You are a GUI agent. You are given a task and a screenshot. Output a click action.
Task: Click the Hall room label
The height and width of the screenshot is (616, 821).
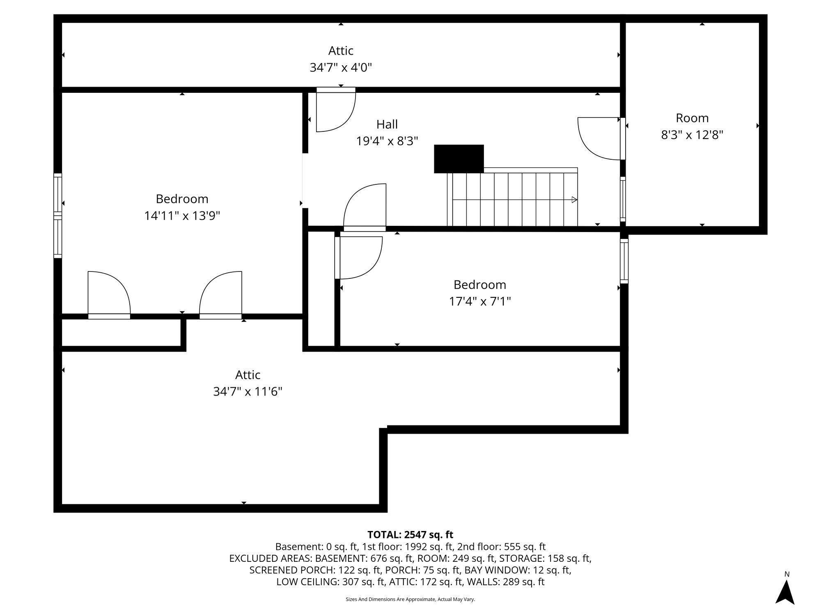click(387, 124)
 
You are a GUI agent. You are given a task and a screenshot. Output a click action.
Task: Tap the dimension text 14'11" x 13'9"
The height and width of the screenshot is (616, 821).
click(182, 216)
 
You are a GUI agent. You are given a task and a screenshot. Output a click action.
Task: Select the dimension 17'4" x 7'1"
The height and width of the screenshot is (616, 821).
click(479, 302)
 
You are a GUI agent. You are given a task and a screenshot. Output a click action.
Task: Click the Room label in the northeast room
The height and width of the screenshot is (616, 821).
click(692, 118)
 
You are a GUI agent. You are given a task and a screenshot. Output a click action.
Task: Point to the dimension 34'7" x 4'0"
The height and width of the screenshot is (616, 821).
click(341, 67)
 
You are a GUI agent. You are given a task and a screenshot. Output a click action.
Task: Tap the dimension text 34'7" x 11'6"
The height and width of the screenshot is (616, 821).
click(248, 392)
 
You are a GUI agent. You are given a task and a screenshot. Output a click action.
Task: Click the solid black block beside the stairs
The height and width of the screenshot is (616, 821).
click(459, 159)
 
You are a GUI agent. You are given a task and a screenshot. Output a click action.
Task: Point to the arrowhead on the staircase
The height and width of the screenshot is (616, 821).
click(574, 200)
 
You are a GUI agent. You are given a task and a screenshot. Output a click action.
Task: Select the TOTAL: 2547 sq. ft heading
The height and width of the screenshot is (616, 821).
click(410, 535)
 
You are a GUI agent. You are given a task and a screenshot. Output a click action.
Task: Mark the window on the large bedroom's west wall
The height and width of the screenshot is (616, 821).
click(58, 216)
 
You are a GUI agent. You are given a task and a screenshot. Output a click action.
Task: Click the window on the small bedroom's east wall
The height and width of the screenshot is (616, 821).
click(624, 261)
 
